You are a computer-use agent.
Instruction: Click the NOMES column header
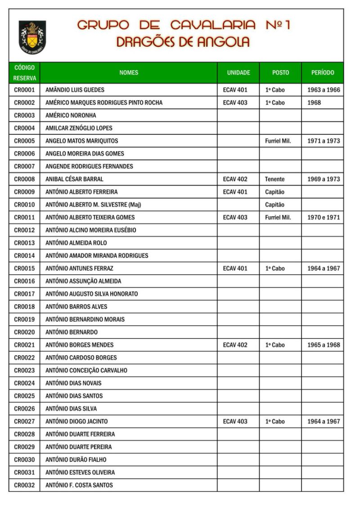(x=129, y=72)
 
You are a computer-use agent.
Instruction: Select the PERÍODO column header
(x=323, y=72)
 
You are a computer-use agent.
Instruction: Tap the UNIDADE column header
(x=238, y=72)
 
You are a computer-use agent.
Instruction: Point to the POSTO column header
(x=280, y=72)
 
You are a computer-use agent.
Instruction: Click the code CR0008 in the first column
(x=24, y=179)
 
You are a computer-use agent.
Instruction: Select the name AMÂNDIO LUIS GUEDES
(x=75, y=90)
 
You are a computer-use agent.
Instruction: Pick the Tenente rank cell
(x=274, y=179)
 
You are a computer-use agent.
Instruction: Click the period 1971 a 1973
(x=324, y=141)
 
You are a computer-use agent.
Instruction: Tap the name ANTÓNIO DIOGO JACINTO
(x=76, y=422)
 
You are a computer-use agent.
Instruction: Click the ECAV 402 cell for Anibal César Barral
(x=235, y=179)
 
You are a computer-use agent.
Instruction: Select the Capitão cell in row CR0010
(x=274, y=205)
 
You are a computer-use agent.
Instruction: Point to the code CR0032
(x=24, y=486)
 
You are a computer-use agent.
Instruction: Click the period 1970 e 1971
(x=324, y=218)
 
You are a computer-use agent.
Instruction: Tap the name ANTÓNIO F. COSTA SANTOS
(x=79, y=486)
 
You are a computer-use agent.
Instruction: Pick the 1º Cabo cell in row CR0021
(x=275, y=345)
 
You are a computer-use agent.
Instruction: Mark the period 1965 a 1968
(x=324, y=345)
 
